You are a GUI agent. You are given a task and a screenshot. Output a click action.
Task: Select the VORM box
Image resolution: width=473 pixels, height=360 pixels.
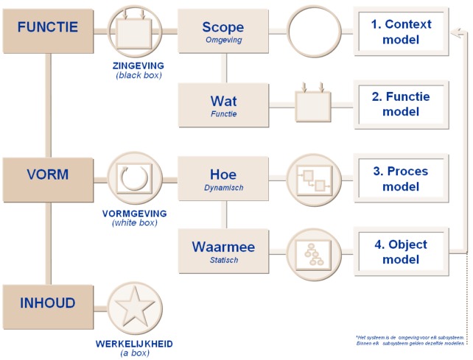47,177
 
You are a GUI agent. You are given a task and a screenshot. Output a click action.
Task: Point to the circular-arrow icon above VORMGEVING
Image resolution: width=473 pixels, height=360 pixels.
136,177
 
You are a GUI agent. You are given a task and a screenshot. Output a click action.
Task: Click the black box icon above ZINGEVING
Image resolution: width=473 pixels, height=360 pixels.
136,30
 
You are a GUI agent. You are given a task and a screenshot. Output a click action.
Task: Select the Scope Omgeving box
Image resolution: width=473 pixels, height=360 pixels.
223,31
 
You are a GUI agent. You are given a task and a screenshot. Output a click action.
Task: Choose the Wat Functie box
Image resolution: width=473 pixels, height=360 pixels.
223,103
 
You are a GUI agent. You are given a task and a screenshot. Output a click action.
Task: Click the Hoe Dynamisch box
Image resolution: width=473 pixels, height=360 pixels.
223,177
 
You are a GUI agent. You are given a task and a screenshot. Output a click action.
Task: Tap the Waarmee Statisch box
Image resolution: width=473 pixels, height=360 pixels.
223,250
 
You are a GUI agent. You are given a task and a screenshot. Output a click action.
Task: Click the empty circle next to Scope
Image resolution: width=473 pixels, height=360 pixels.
312,31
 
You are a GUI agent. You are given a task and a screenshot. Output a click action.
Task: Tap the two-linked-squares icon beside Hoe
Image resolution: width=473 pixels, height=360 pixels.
312,178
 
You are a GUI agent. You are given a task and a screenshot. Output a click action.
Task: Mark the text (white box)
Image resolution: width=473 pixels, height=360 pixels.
136,222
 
